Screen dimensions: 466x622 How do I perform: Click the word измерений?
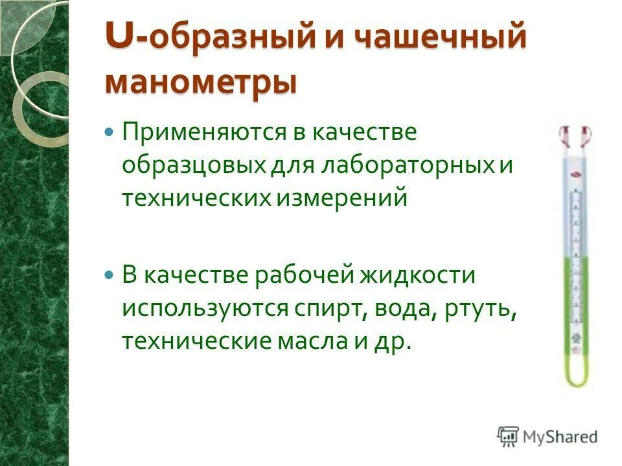343,197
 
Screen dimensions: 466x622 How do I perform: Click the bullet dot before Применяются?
109,131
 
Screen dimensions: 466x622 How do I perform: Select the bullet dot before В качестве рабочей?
109,274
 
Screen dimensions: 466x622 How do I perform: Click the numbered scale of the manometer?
575,259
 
